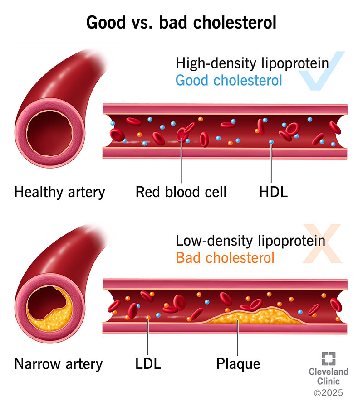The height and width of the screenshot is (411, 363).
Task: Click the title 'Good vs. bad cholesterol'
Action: (x=181, y=23)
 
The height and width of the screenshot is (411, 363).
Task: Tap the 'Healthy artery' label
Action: (x=59, y=192)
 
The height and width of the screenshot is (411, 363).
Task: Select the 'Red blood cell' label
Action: (x=181, y=192)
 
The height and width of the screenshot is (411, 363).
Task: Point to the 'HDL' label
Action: (x=271, y=192)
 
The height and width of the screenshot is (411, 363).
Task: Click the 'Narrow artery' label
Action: (x=59, y=364)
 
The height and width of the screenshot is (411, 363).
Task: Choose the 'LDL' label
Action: (x=148, y=364)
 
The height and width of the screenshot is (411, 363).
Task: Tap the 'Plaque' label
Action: (x=238, y=364)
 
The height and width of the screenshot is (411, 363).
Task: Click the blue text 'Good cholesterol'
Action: (x=229, y=81)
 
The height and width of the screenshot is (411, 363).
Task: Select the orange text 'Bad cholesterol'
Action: (x=225, y=258)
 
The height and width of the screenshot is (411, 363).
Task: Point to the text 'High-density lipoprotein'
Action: (x=252, y=63)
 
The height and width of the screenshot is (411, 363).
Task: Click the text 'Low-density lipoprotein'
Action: (x=250, y=240)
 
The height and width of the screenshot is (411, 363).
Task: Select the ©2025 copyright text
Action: (x=328, y=392)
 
